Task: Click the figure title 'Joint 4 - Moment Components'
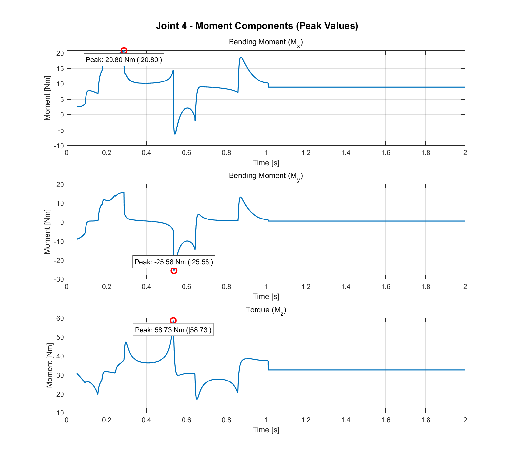coord(257,26)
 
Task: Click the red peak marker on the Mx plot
coord(124,51)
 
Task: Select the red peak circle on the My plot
coord(174,270)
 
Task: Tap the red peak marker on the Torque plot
coord(173,320)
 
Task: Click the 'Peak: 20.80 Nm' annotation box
coord(124,60)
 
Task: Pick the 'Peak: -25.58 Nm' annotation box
coord(174,262)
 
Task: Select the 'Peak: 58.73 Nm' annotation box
coord(173,330)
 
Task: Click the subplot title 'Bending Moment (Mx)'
coord(265,42)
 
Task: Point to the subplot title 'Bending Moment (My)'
coord(265,176)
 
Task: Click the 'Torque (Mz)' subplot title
coord(266,310)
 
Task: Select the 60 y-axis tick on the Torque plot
coord(60,318)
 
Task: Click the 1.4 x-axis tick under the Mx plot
coord(346,153)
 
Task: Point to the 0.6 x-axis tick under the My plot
coord(186,287)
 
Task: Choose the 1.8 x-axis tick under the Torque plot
coord(426,420)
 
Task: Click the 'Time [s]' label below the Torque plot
coord(266,430)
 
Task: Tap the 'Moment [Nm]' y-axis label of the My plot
coord(47,232)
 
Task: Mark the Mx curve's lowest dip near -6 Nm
coord(175,134)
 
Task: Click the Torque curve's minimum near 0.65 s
coord(197,399)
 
